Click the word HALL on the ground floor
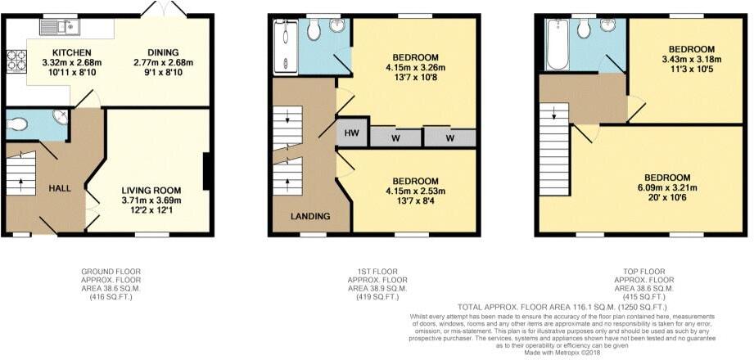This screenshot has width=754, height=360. click(60, 188)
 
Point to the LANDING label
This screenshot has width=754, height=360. click(310, 216)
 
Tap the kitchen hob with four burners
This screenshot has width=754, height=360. click(16, 62)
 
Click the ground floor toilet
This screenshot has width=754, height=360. click(17, 125)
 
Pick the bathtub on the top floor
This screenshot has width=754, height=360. click(556, 44)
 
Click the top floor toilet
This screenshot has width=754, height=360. click(584, 29)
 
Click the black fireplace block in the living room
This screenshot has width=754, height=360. click(209, 172)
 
